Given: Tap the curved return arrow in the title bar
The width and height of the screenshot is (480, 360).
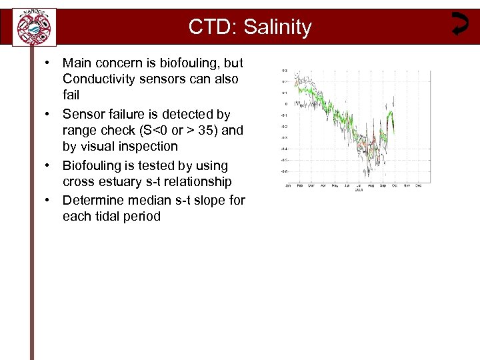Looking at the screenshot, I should click(x=459, y=24).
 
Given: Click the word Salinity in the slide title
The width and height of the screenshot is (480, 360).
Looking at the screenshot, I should click(x=278, y=27).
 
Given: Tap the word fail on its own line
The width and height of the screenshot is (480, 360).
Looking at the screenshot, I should click(x=71, y=95).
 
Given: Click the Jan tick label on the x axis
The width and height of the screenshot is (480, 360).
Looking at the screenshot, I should click(x=287, y=185).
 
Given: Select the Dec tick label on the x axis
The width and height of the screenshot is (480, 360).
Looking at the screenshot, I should click(x=418, y=185).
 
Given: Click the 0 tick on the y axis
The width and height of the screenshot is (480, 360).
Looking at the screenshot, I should click(x=286, y=104).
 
